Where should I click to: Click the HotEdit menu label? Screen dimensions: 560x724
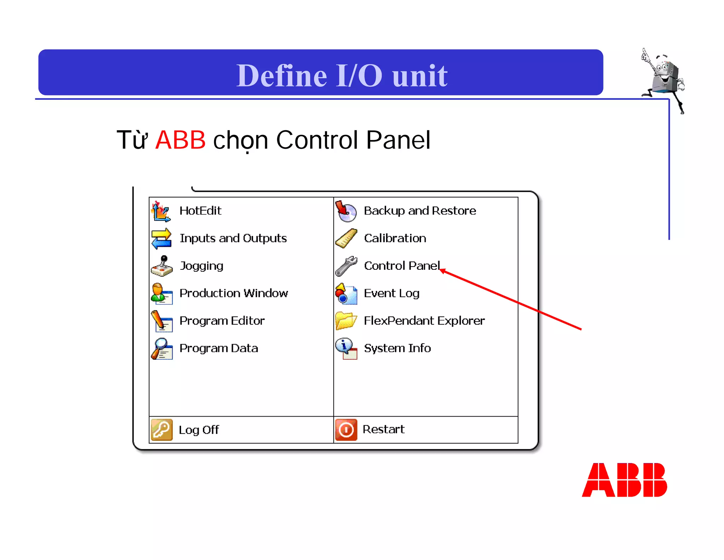click(x=200, y=211)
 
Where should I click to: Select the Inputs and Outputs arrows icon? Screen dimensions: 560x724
click(x=162, y=238)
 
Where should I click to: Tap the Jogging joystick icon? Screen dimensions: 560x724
click(x=162, y=266)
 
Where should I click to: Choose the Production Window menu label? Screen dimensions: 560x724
click(x=234, y=293)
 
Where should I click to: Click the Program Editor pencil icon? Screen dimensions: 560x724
click(x=162, y=321)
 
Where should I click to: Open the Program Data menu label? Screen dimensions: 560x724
click(x=218, y=348)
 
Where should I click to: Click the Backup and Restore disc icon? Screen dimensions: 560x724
click(x=346, y=211)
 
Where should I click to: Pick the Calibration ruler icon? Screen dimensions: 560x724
click(x=346, y=238)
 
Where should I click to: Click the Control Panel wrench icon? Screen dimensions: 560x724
click(x=346, y=266)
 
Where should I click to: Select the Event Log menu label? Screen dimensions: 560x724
click(x=391, y=293)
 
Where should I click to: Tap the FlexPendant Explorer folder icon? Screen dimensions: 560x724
click(x=346, y=321)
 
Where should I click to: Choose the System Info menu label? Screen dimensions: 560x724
click(x=397, y=348)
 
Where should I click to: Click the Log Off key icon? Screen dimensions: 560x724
click(x=162, y=430)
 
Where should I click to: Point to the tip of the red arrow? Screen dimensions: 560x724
click(x=440, y=270)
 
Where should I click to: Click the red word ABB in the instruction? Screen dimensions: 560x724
click(x=180, y=140)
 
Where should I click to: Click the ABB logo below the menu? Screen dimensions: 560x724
click(x=624, y=480)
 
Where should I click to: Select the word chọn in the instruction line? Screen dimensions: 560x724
click(x=240, y=140)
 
